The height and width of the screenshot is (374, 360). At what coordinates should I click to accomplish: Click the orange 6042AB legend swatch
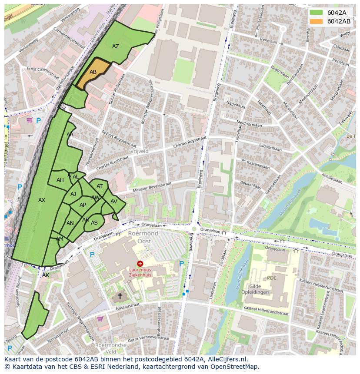(317, 21)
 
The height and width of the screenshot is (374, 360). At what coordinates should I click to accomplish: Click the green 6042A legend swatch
(317, 13)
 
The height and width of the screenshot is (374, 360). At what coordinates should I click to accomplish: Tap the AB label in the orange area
(93, 72)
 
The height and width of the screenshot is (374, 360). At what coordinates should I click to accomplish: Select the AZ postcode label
(116, 46)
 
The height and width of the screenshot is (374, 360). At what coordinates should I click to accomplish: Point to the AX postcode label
(42, 200)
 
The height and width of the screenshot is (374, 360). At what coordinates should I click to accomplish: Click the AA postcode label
(70, 135)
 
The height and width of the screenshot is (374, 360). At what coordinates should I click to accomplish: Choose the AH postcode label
(60, 180)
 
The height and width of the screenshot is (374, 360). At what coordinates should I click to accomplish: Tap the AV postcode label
(114, 202)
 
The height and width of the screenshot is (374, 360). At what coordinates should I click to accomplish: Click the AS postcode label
(94, 223)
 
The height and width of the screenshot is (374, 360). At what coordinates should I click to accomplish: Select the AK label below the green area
(46, 275)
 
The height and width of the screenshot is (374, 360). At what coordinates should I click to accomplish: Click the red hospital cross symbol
(140, 264)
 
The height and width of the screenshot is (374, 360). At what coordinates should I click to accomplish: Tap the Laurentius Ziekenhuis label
(140, 272)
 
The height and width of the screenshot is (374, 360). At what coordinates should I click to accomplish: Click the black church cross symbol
(120, 296)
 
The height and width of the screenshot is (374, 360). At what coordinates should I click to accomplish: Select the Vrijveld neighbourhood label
(139, 151)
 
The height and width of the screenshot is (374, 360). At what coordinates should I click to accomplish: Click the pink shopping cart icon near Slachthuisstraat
(30, 120)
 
